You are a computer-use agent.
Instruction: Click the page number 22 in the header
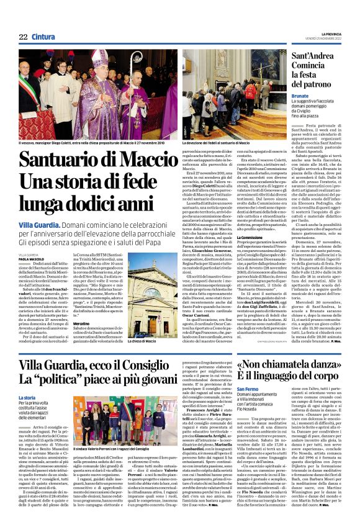tap(24, 37)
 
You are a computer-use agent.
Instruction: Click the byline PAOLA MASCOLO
tap(31, 259)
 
